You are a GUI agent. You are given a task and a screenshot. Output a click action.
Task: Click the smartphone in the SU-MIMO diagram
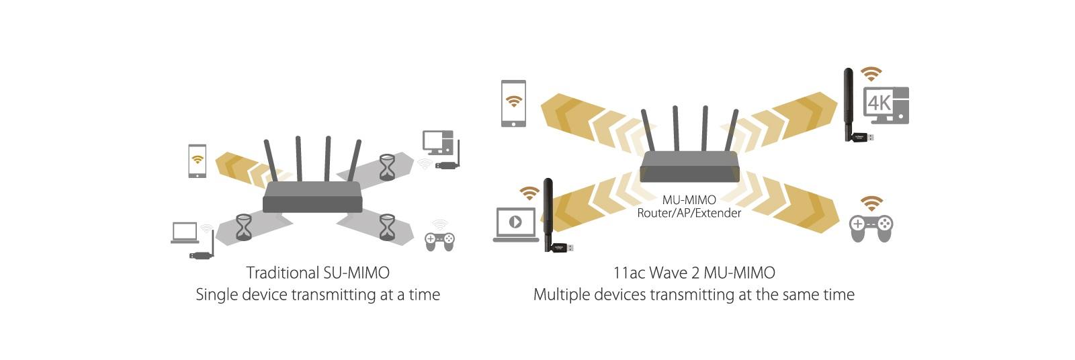[197, 161]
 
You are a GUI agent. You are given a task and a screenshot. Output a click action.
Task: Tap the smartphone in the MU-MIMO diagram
[513, 103]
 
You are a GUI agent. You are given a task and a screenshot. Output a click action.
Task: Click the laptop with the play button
[515, 224]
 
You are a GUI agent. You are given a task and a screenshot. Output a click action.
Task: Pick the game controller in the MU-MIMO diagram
[871, 228]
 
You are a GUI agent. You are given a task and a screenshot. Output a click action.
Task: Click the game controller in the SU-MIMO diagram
[439, 239]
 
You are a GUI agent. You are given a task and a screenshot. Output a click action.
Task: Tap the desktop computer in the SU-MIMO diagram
[437, 143]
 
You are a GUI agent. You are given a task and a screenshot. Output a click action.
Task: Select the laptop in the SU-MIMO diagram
[185, 232]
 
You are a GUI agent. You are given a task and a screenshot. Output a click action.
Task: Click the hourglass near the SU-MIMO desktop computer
[388, 167]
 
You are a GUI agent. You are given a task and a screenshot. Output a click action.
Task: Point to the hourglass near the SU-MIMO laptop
[243, 227]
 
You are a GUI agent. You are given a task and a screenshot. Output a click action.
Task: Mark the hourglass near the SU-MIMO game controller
[387, 227]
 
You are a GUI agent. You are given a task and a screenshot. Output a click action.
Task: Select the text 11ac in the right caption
[628, 273]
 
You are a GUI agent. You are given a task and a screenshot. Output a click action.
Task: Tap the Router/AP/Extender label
[689, 214]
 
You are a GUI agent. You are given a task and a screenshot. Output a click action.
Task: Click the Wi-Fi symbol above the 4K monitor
[871, 74]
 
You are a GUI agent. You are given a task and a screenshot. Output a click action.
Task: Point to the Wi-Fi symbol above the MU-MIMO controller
[871, 203]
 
